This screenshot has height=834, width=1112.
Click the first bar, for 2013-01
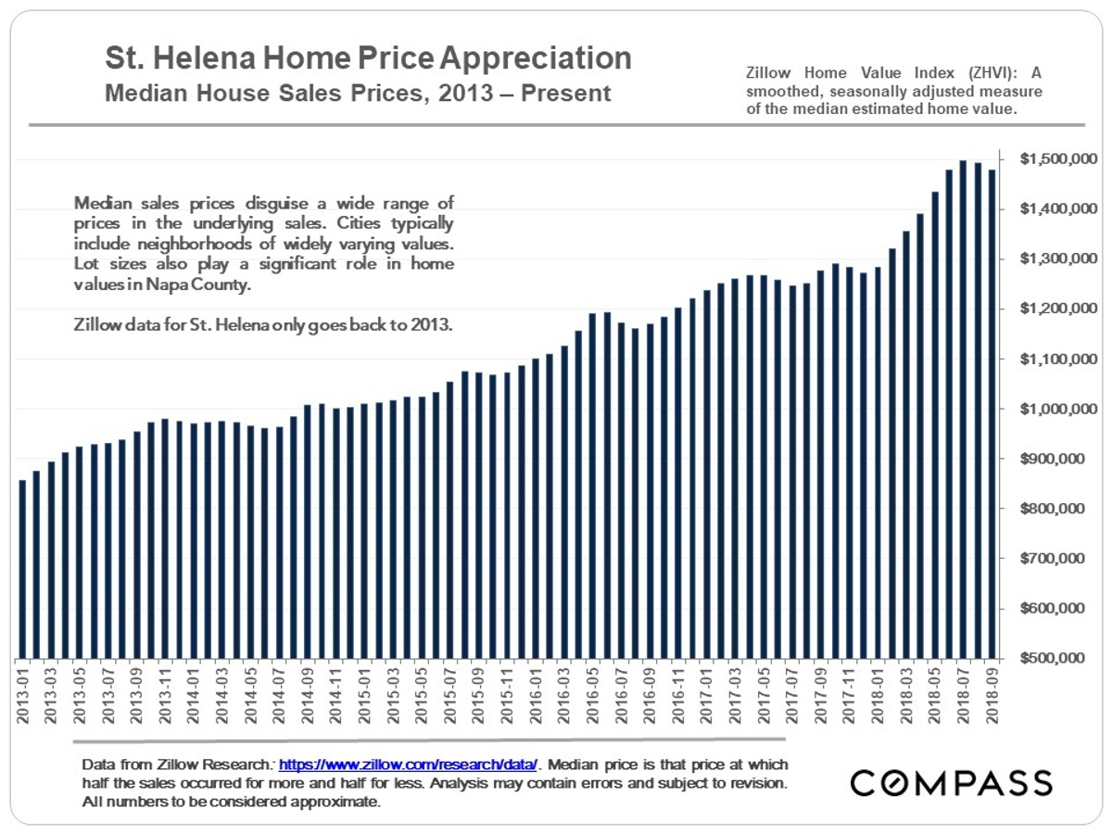[22, 569]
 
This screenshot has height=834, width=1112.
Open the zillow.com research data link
[408, 765]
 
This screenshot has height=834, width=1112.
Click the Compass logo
[952, 782]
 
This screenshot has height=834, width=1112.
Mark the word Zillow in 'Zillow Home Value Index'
[765, 73]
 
